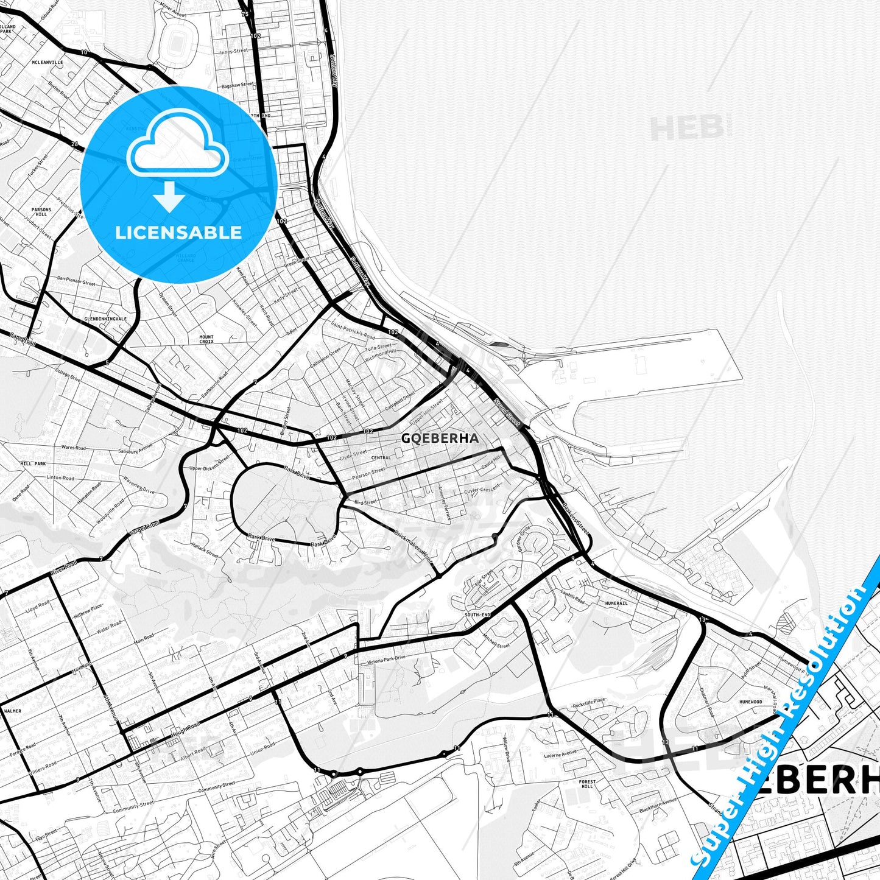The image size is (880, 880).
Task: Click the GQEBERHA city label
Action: click(440, 438)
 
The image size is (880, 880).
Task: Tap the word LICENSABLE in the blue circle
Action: click(178, 233)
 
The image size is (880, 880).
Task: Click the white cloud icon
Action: click(177, 145)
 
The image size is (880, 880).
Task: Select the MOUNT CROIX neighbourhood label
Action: click(206, 339)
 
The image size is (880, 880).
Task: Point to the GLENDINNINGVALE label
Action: click(105, 319)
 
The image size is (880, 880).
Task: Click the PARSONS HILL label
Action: click(41, 212)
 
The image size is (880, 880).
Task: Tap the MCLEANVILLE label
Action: click(47, 62)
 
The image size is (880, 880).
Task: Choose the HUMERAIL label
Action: click(616, 604)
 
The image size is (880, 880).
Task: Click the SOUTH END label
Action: click(477, 615)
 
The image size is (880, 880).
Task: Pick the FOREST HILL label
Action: click(587, 784)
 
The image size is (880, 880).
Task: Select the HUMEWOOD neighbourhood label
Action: click(750, 702)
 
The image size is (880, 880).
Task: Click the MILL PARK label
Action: click(33, 463)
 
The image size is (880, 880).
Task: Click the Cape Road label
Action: click(23, 340)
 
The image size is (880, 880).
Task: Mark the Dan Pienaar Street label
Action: click(76, 280)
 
